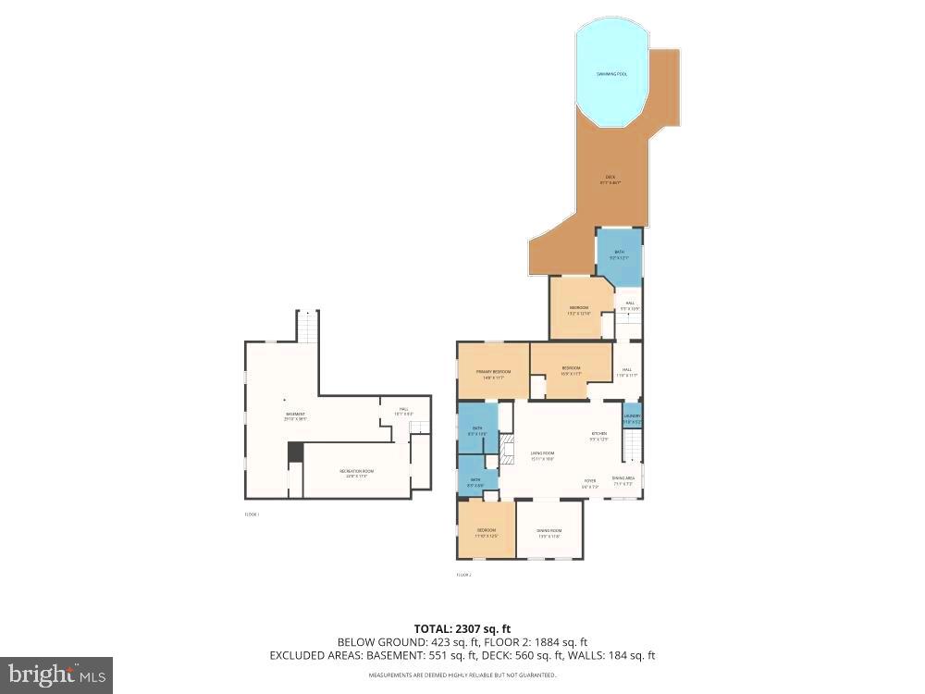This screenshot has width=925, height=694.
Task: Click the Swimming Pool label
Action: coord(610,74)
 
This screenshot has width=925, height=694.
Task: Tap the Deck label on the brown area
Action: coord(610,180)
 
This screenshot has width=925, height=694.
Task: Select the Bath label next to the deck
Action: coord(620,254)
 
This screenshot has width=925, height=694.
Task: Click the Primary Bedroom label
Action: coord(493,374)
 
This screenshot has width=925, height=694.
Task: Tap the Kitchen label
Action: coord(599,436)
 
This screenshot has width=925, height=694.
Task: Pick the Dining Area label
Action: coord(622,480)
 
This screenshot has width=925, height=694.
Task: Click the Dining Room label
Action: coord(549,533)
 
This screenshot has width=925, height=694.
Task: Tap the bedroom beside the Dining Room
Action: coord(487,531)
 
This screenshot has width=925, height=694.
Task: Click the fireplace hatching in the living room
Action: coord(505,453)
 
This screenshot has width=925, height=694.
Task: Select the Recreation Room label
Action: coord(356,474)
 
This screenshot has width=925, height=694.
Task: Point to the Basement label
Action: coord(295,416)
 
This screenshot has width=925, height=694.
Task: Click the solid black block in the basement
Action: coord(295,452)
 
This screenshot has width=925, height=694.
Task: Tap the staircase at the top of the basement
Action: coord(307,326)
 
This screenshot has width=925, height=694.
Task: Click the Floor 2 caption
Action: coord(463,575)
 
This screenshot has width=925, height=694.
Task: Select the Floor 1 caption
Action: coord(252,514)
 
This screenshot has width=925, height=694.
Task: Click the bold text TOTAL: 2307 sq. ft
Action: coord(462,628)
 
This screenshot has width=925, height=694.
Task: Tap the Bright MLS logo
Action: coord(56,675)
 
